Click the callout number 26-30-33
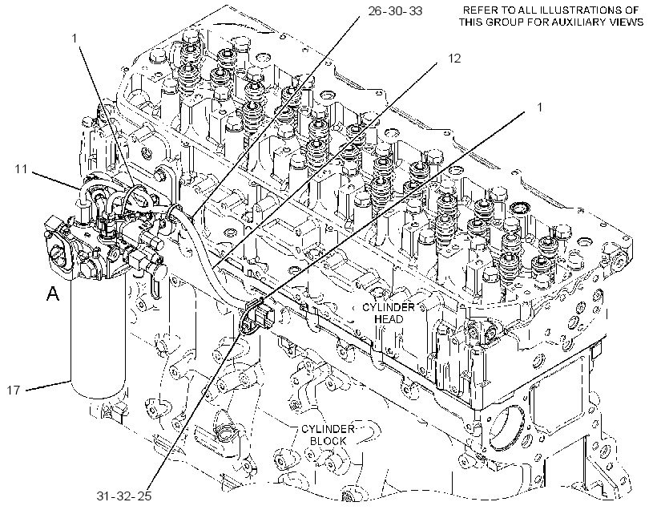(395, 11)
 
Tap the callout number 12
(454, 59)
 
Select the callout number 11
(21, 169)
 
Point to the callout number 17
(14, 390)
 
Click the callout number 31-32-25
(124, 496)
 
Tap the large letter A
(53, 293)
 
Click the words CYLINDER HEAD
(389, 313)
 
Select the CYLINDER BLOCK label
(328, 435)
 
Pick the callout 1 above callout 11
(75, 38)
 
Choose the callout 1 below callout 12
(540, 107)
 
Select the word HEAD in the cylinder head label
(389, 319)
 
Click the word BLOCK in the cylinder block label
(328, 441)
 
